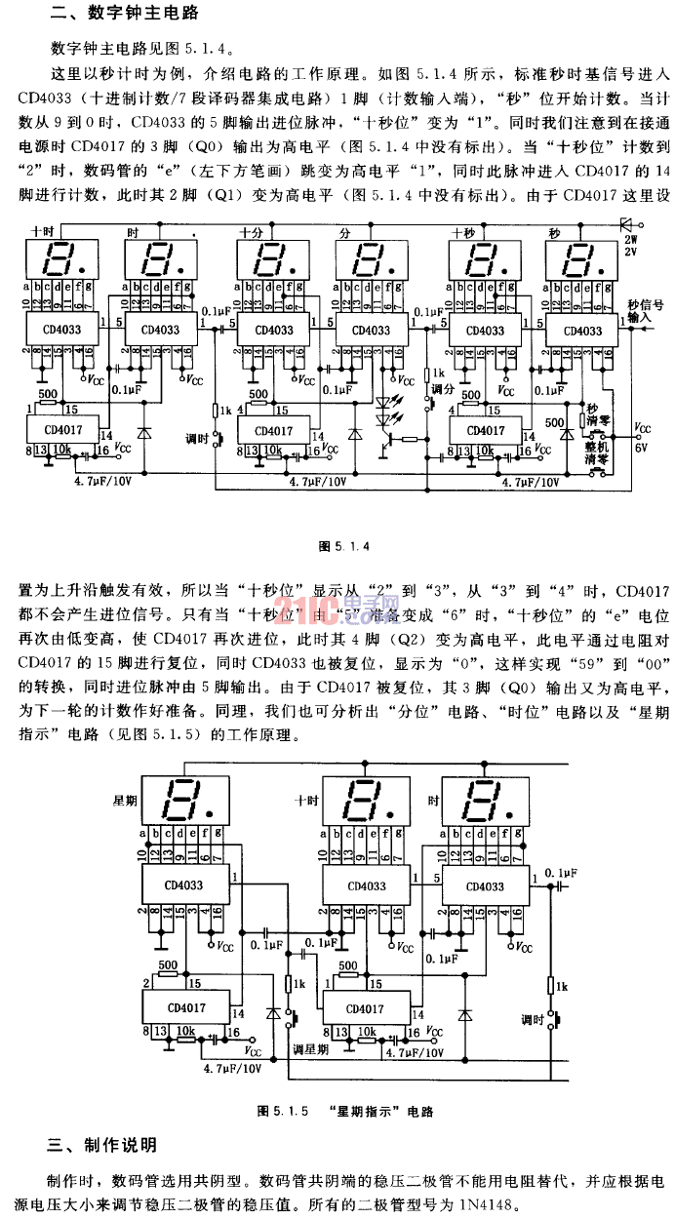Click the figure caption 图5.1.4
[339, 545]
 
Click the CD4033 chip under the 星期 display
[182, 886]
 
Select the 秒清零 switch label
[593, 413]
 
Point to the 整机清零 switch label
[597, 451]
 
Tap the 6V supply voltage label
[642, 446]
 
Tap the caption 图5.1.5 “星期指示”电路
[344, 1111]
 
